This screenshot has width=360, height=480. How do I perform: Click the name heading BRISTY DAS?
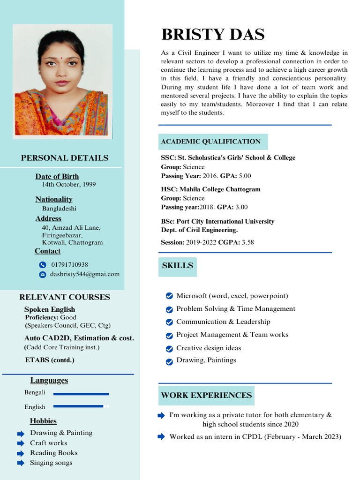click(x=213, y=35)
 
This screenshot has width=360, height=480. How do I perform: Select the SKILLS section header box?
click(x=177, y=266)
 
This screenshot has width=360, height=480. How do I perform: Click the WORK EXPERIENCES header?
click(x=206, y=395)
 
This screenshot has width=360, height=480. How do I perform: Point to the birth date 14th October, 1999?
click(x=69, y=185)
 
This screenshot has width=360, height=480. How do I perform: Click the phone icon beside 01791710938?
click(x=43, y=265)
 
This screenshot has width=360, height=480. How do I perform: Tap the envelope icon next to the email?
click(x=43, y=275)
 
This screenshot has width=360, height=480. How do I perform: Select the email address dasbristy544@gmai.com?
click(x=85, y=274)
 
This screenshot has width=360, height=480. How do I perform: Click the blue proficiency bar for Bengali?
click(x=81, y=394)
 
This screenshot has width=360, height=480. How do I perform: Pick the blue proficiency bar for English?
click(x=78, y=406)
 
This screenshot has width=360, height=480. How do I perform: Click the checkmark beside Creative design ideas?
click(x=169, y=349)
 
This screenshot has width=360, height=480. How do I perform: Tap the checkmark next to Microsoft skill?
click(x=169, y=296)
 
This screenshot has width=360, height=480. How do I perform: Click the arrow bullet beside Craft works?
click(x=21, y=443)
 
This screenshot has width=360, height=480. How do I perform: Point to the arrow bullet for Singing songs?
click(x=21, y=463)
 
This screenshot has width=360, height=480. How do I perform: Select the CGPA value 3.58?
click(x=247, y=242)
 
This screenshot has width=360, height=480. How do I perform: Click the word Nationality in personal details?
click(x=54, y=199)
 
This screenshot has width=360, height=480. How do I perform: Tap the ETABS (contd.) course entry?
click(x=50, y=360)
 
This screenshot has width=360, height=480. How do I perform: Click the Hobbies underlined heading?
click(x=43, y=421)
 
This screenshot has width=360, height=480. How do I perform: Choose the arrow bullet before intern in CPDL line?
click(x=161, y=437)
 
